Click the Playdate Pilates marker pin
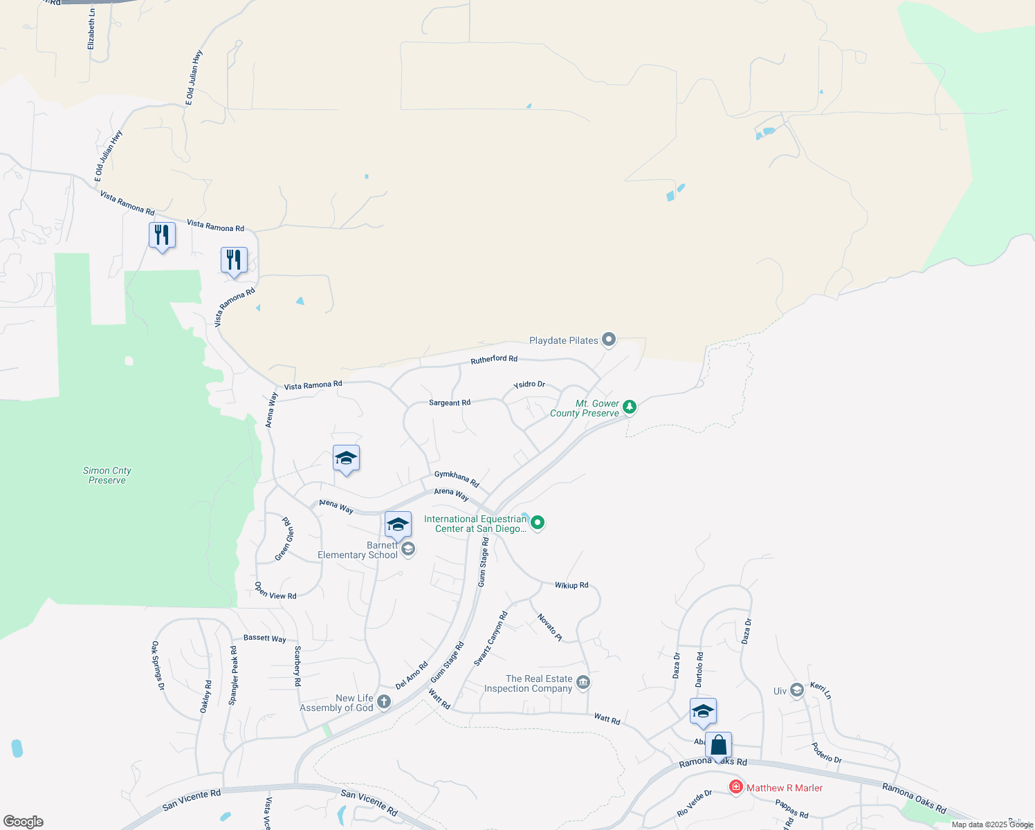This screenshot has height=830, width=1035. click(x=609, y=340)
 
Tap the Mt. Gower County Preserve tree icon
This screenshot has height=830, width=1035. click(x=629, y=407)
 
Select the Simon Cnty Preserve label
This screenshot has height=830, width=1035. click(x=107, y=475)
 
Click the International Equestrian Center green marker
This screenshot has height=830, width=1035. click(x=538, y=523)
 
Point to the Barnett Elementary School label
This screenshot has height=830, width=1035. click(x=358, y=551)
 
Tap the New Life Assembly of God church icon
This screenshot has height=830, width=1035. click(x=384, y=702)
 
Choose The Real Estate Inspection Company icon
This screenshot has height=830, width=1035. click(x=583, y=683)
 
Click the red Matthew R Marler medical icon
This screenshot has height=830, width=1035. click(x=735, y=787)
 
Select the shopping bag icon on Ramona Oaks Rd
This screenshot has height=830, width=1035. click(x=718, y=746)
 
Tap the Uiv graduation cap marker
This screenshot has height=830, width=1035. click(x=797, y=690)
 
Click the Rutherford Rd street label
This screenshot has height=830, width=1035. click(x=494, y=359)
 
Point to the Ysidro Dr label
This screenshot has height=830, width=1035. click(x=529, y=385)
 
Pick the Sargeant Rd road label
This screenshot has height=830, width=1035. click(x=450, y=403)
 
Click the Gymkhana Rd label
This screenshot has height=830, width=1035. click(x=457, y=478)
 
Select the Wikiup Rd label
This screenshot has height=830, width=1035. click(x=571, y=585)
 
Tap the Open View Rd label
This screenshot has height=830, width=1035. click(x=275, y=591)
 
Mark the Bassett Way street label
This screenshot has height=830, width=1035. click(x=264, y=638)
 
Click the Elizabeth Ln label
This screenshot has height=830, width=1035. click(x=91, y=28)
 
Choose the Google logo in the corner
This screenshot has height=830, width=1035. click(x=24, y=822)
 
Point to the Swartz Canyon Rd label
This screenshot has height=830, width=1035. click(x=491, y=638)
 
